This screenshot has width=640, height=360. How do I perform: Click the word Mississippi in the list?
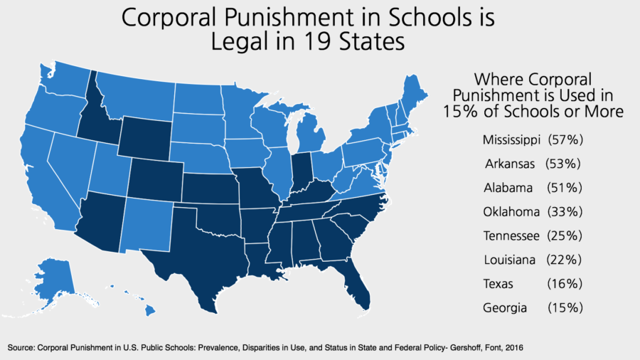510,138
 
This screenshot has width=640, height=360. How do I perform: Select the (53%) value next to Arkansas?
565,163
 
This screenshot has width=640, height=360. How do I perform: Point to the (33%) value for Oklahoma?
565,211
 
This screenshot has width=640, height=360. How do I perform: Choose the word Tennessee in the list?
511,235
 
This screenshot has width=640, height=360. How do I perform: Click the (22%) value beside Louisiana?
565,260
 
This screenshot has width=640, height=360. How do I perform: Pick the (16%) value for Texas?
565,283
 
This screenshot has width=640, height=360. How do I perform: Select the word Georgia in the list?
505,308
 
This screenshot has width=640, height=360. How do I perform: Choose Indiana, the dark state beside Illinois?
302,171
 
